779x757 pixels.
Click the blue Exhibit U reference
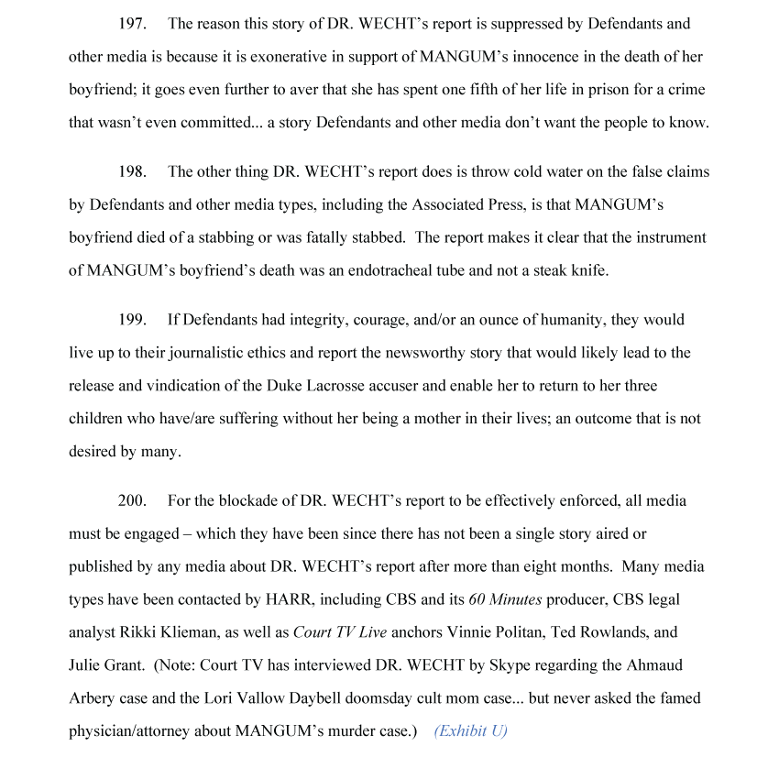coord(470,730)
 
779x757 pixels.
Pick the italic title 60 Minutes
coord(505,599)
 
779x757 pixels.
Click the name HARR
coord(335,599)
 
